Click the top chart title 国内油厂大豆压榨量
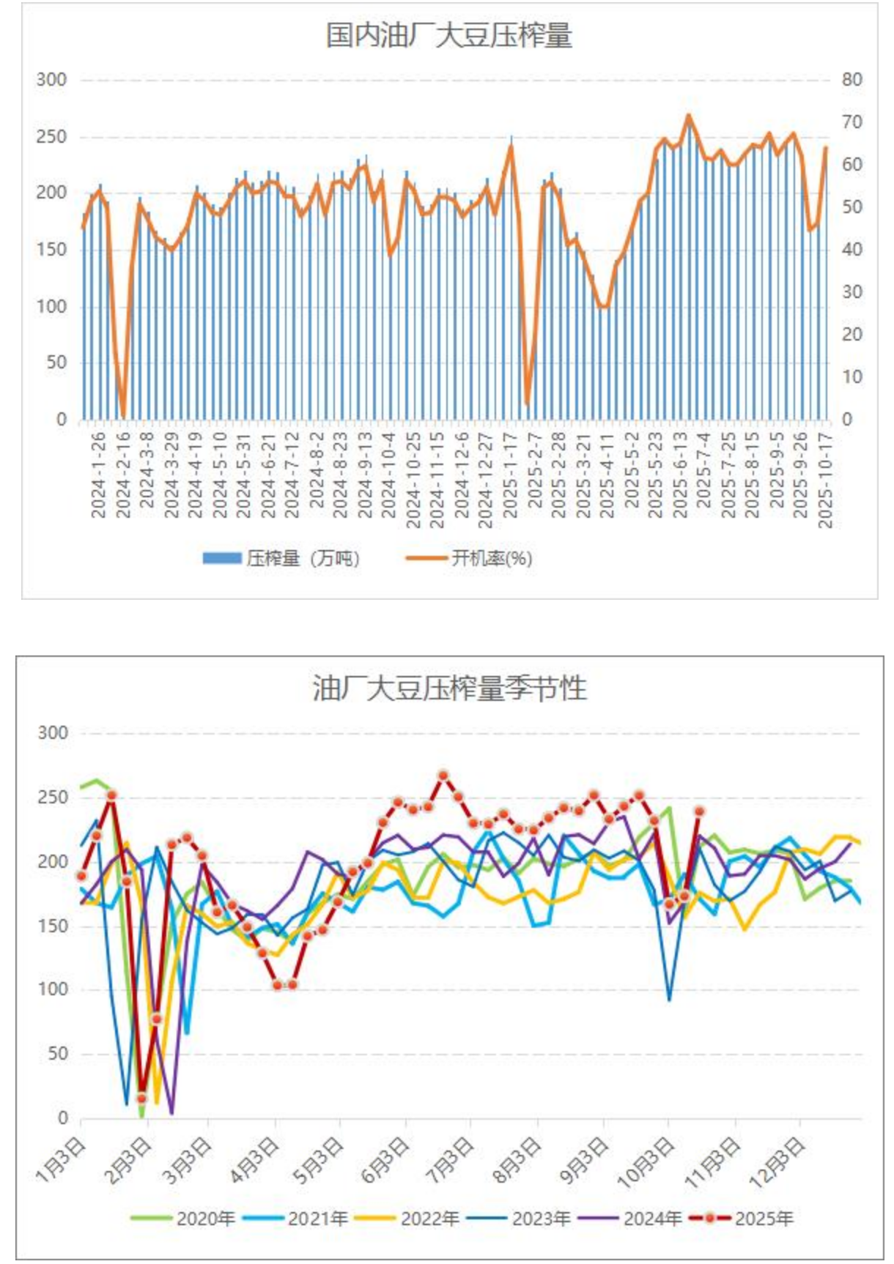pos(448,36)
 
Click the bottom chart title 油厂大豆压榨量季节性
pos(449,688)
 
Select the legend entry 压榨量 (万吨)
pos(282,559)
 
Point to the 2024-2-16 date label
pos(123,475)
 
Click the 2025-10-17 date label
pos(825,480)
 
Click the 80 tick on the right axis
pos(851,80)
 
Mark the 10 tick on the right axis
pos(851,378)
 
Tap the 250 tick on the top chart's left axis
pos(51,137)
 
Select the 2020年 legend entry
pos(184,1219)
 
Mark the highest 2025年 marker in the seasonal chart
pos(443,775)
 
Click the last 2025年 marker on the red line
pos(699,811)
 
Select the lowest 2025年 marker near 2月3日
pos(141,1098)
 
